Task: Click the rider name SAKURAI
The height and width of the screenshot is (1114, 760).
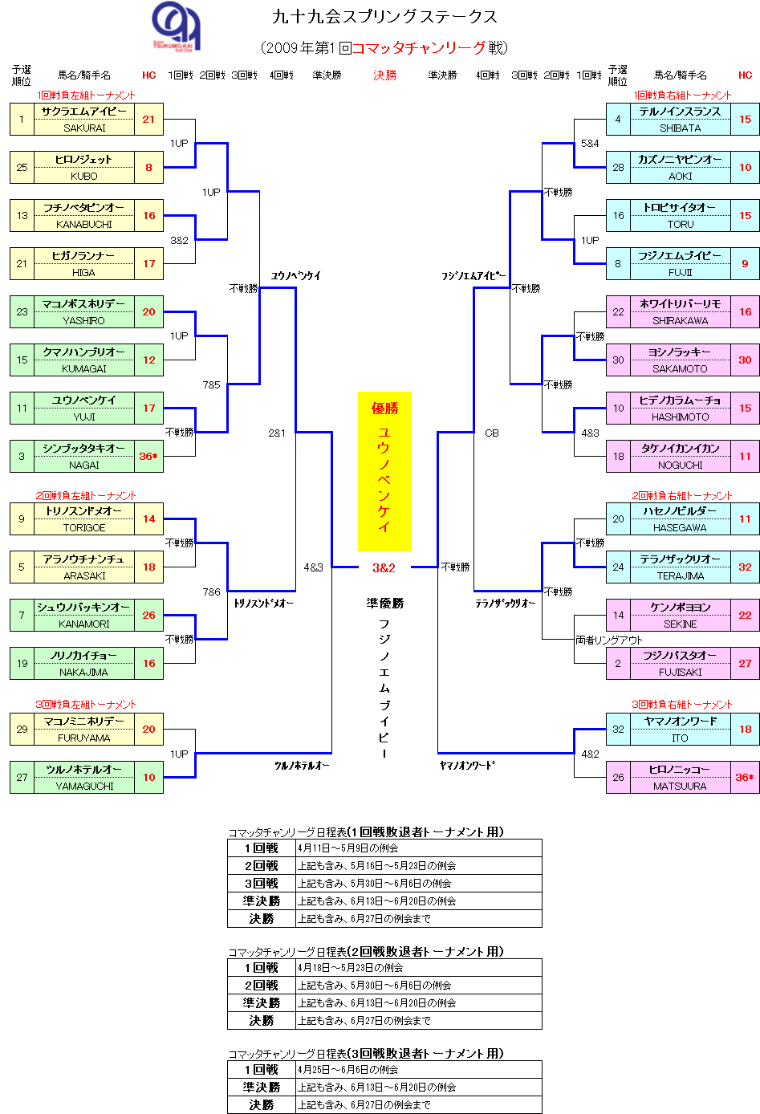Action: (x=84, y=128)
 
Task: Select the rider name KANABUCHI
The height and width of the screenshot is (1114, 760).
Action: (x=84, y=224)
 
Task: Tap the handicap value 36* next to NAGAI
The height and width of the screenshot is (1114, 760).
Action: (x=148, y=456)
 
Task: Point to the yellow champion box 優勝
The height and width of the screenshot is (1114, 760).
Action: (x=384, y=470)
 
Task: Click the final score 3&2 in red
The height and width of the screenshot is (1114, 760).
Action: (x=384, y=567)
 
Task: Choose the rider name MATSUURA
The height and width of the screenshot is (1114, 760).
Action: (x=680, y=786)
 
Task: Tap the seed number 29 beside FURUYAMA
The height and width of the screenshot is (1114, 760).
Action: (x=22, y=729)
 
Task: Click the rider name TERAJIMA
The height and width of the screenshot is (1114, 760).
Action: (x=680, y=575)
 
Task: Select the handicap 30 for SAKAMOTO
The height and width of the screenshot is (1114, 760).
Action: (x=745, y=360)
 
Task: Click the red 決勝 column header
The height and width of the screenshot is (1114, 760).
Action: (x=385, y=75)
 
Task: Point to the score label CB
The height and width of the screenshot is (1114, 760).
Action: (x=492, y=433)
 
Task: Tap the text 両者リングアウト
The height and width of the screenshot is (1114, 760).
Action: (x=609, y=640)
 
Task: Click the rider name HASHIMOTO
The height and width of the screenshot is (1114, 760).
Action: (x=680, y=417)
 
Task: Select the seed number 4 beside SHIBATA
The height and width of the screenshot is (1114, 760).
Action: (x=618, y=119)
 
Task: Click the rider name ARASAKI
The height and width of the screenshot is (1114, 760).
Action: (x=84, y=575)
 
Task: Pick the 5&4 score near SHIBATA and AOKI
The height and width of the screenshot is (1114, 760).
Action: (x=590, y=143)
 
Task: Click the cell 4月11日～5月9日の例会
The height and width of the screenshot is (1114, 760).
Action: (x=348, y=848)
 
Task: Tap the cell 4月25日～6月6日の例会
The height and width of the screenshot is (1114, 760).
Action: (x=348, y=1069)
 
